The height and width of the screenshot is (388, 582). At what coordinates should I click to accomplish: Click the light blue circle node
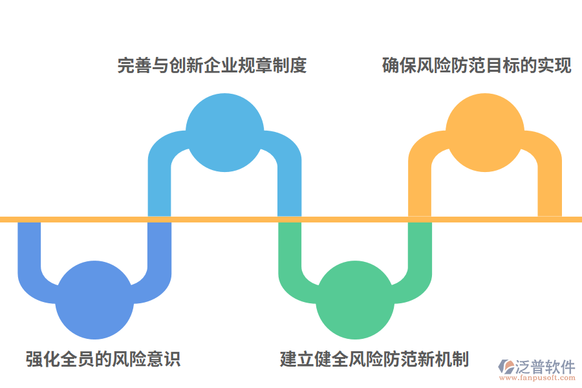224,133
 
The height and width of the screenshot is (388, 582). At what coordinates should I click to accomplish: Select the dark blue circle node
94,300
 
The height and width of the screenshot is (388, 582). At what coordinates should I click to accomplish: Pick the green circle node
355,300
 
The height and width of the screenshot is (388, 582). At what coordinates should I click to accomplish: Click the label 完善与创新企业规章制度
211,66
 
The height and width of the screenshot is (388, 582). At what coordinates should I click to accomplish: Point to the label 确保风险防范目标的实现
477,66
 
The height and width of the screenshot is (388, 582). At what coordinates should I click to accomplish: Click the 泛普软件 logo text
544,367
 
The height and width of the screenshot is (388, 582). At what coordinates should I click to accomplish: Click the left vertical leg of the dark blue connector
29,246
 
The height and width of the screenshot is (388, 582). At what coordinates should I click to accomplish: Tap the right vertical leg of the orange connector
550,188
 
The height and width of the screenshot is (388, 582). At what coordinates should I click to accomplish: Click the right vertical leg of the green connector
420,246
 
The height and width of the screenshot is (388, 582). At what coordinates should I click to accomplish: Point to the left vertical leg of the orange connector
420,188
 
